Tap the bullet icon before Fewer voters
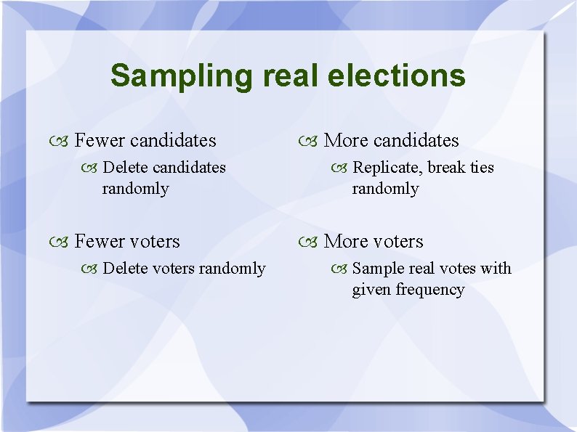coord(62,242)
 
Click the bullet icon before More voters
coord(311,242)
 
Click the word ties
coord(480,168)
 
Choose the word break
coord(446,168)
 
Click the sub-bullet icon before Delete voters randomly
coord(91,269)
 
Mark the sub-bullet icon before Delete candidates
coord(91,168)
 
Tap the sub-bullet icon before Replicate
coord(340,168)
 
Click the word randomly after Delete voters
coord(232,269)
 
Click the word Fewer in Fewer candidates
coord(100,140)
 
